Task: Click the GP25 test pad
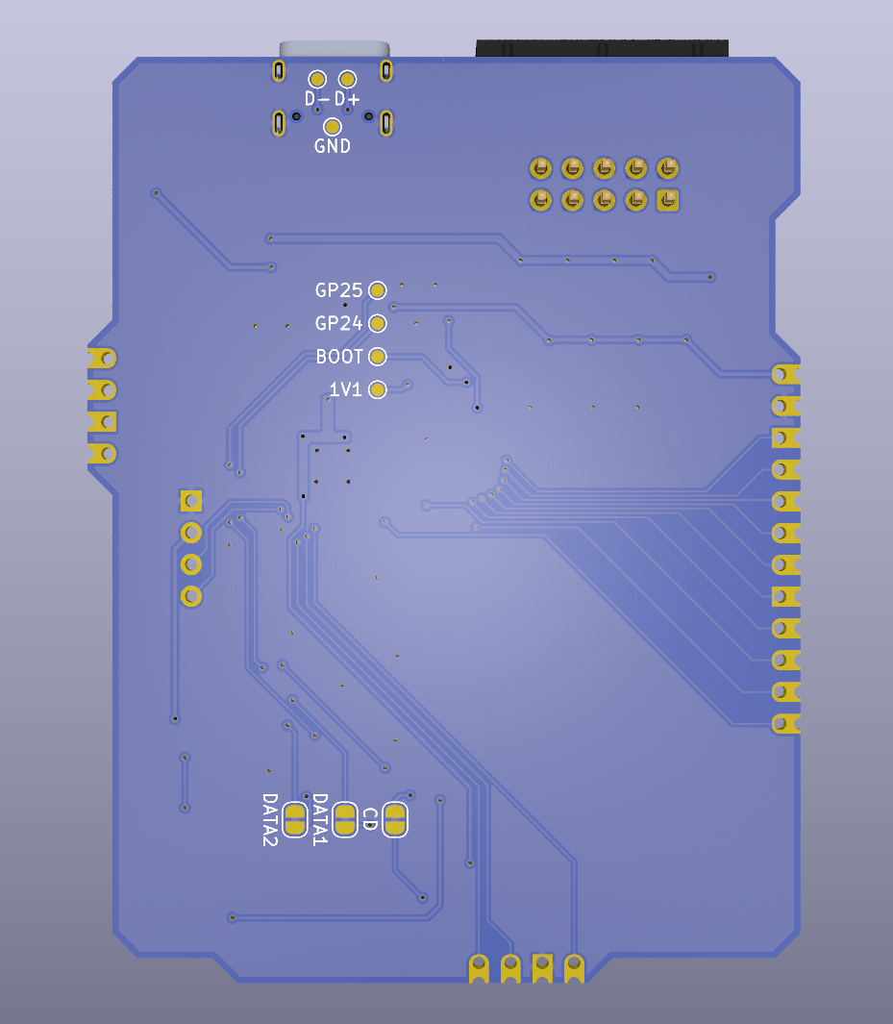coord(378,290)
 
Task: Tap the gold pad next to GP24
coord(378,323)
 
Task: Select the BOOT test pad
coord(378,357)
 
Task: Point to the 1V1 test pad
coord(378,389)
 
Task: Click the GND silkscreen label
coord(333,145)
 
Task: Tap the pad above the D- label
coord(317,80)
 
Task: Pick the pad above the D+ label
coord(347,80)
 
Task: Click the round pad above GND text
coord(333,126)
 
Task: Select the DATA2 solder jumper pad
coord(295,819)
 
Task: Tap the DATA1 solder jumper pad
coord(345,819)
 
